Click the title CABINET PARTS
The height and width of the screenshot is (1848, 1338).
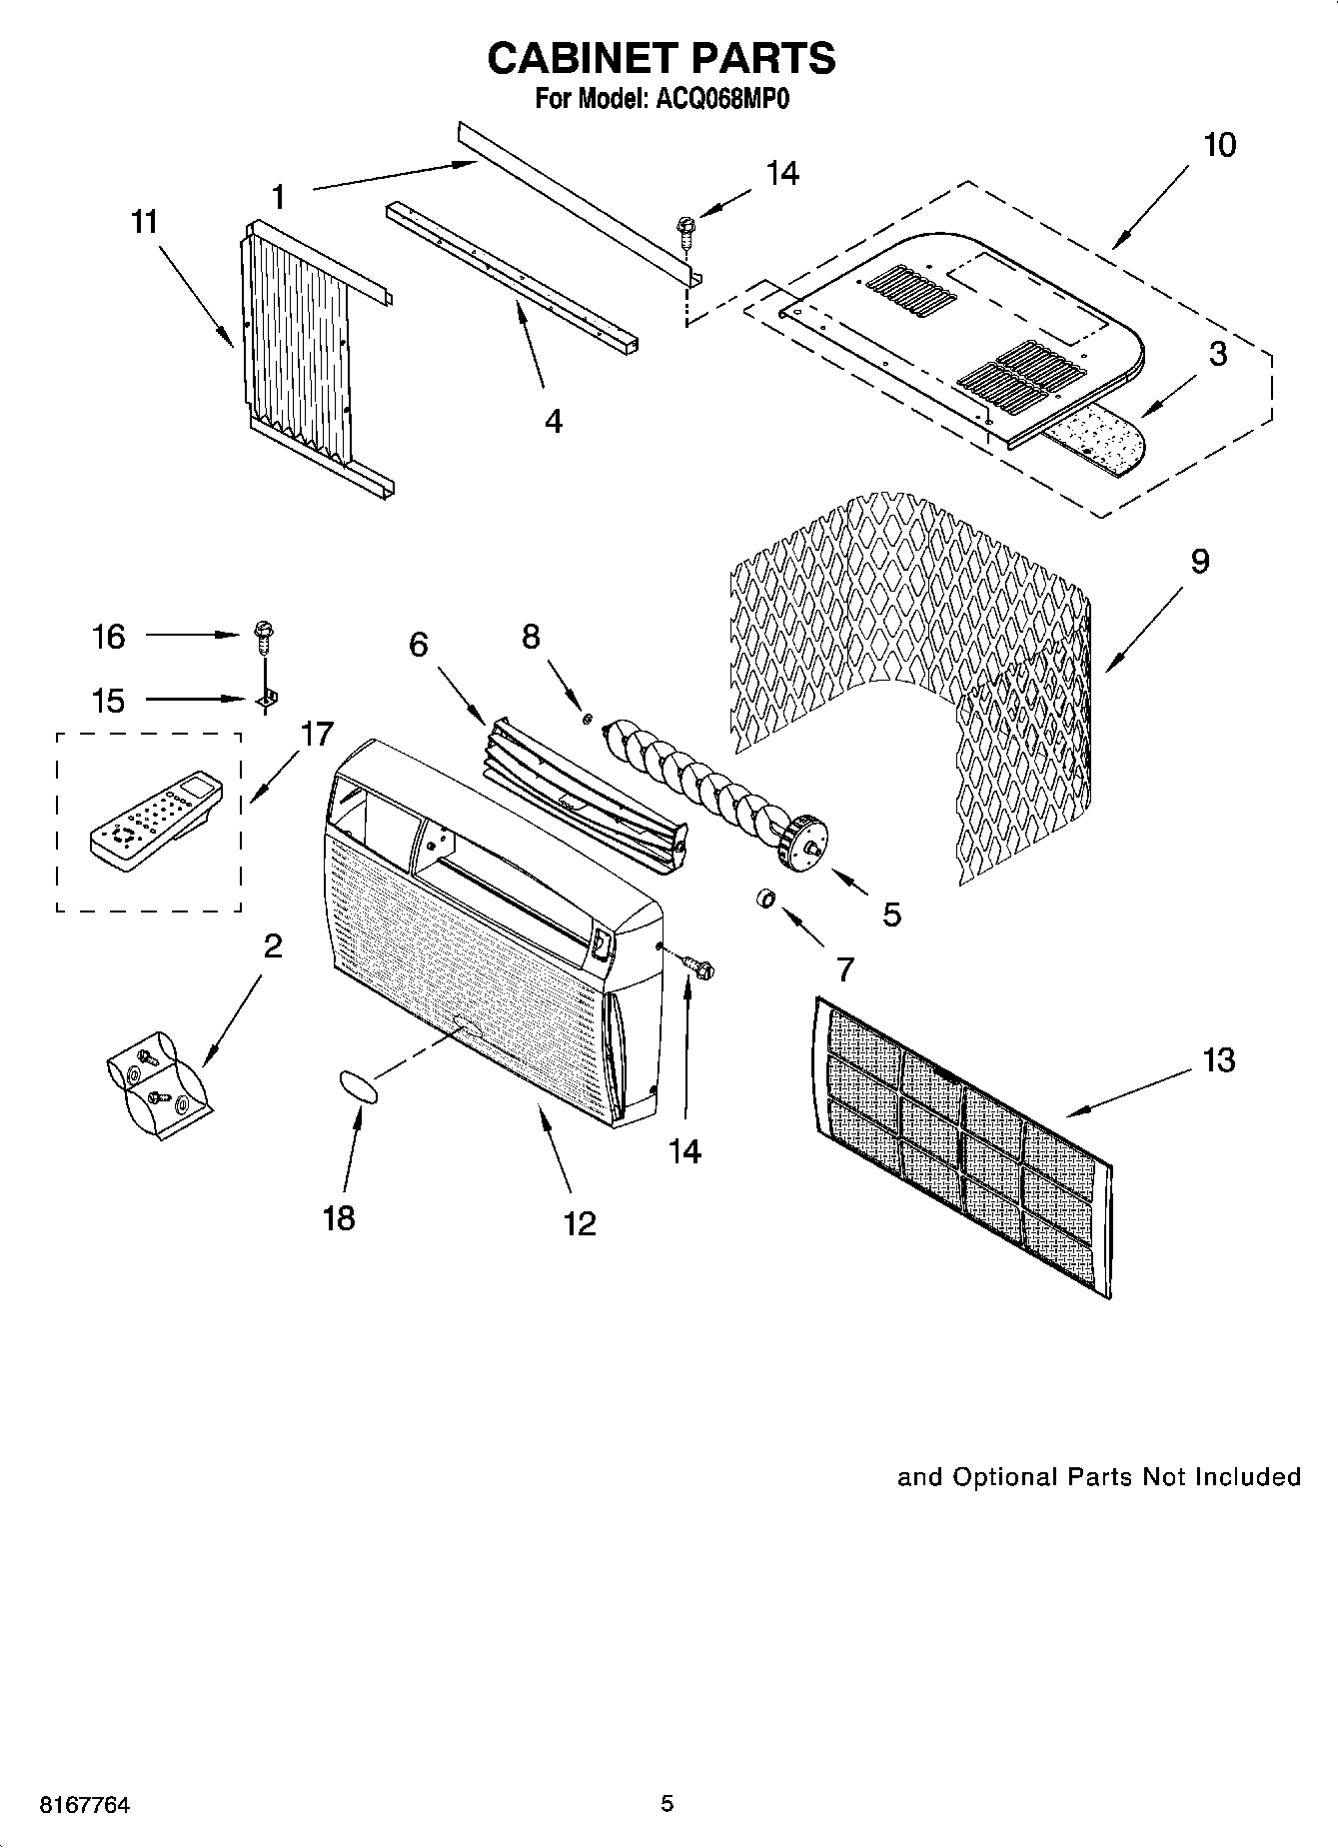(661, 59)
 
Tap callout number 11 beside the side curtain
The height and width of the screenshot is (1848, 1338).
(145, 222)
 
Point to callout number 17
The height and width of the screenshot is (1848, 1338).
(316, 735)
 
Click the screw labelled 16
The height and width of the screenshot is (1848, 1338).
(265, 634)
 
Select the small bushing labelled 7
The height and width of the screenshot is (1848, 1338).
(765, 900)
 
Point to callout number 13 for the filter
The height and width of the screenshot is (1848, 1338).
(1218, 1060)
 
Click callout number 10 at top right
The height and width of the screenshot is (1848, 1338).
(1219, 145)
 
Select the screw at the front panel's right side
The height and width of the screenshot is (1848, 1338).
(698, 965)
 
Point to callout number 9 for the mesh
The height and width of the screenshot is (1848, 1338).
(1199, 562)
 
